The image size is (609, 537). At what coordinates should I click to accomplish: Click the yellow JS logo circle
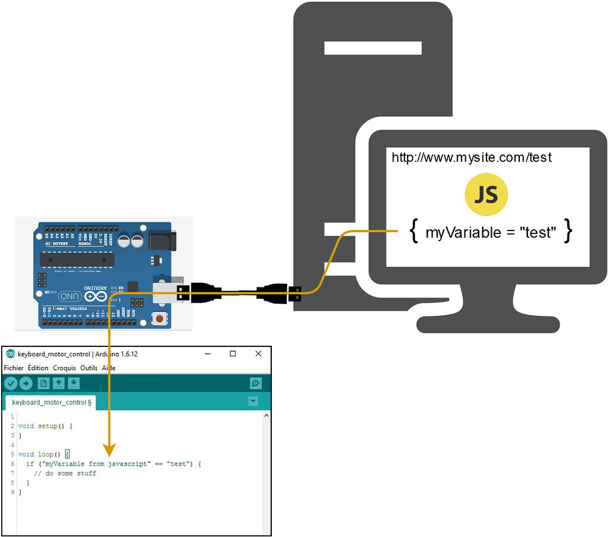(x=486, y=195)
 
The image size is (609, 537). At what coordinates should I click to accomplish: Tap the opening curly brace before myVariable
(x=414, y=232)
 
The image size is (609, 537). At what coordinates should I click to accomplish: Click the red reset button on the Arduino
(x=159, y=319)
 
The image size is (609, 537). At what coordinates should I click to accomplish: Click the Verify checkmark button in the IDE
(x=11, y=383)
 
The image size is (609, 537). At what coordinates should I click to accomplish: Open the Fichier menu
(x=14, y=368)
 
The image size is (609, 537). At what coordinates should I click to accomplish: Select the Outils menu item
(x=89, y=368)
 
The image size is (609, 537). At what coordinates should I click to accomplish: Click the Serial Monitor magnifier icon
(x=256, y=383)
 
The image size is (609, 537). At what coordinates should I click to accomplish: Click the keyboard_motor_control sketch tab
(x=50, y=402)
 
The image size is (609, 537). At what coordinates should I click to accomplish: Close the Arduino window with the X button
(x=258, y=353)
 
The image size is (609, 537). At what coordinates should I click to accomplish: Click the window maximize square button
(x=233, y=353)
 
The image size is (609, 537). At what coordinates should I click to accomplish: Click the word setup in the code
(x=48, y=426)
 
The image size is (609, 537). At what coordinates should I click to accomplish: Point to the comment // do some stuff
(x=65, y=473)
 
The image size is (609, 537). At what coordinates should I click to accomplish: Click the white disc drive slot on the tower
(x=373, y=48)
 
